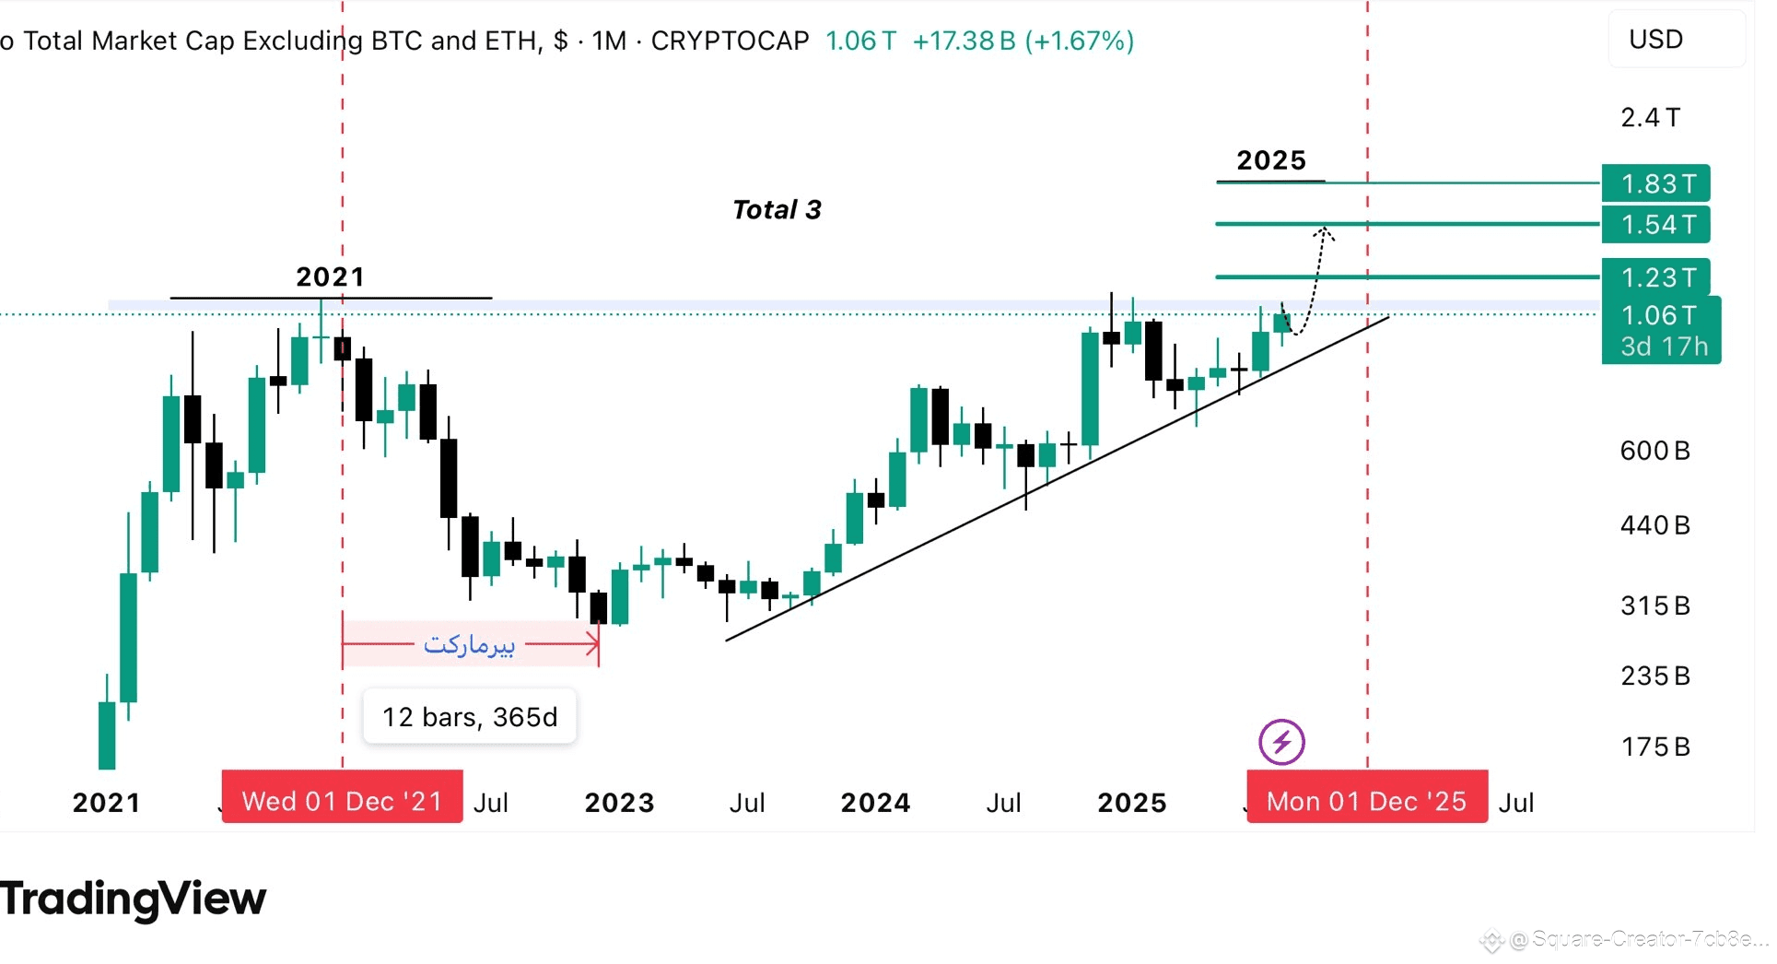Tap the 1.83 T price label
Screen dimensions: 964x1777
[x=1656, y=183]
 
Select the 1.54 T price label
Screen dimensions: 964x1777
[x=1656, y=224]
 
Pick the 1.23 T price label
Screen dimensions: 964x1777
[x=1656, y=277]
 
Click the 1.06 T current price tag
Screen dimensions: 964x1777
[x=1660, y=316]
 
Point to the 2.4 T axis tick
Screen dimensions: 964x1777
[x=1651, y=118]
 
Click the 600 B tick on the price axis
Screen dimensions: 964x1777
[x=1654, y=451]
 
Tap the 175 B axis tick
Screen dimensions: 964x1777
[x=1654, y=747]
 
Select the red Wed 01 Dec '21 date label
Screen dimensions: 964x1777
[x=342, y=800]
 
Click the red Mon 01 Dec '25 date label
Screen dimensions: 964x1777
[x=1366, y=800]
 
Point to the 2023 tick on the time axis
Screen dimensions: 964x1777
[x=619, y=803]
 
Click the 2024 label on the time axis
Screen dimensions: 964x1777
[x=875, y=803]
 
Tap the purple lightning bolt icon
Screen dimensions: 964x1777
[x=1281, y=742]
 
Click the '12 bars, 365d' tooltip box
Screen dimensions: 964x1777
[x=470, y=716]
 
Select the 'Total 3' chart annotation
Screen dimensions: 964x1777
[x=777, y=210]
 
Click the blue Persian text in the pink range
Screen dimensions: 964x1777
[x=469, y=644]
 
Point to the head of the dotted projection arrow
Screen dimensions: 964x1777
[x=1323, y=230]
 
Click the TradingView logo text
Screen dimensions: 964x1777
[x=134, y=899]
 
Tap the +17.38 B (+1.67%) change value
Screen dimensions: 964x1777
[x=1023, y=41]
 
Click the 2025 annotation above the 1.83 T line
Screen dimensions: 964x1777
[x=1271, y=160]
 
